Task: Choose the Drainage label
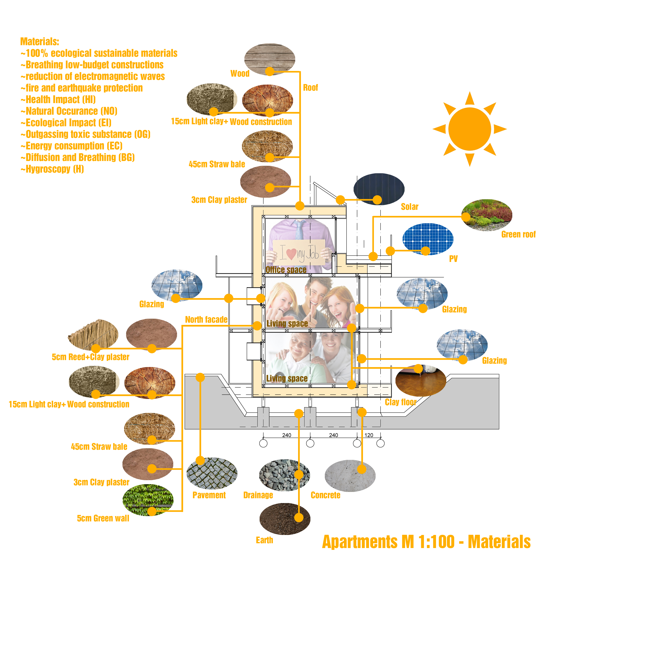(x=258, y=495)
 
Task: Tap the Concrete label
(x=325, y=495)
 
